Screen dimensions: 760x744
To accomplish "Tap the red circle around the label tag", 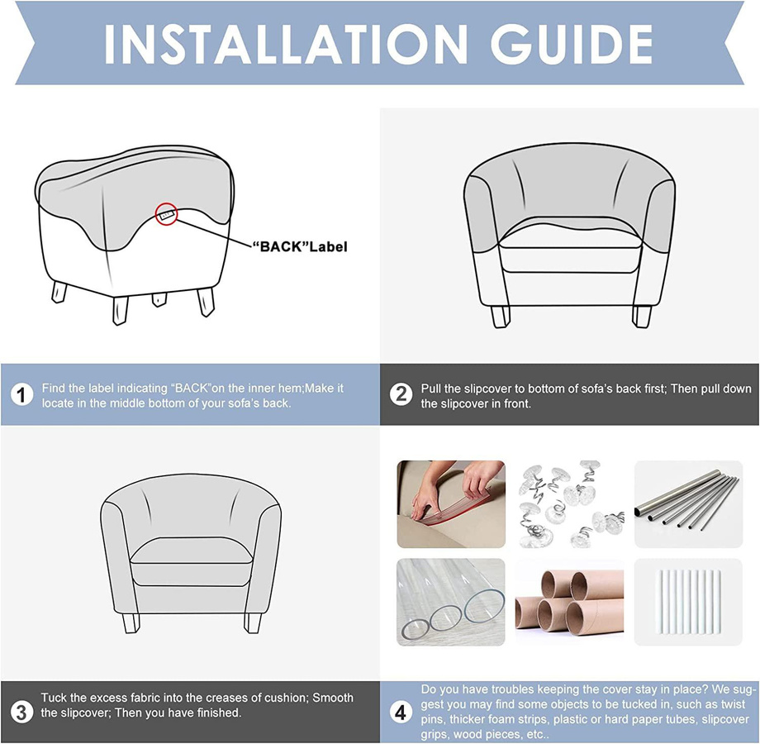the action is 167,213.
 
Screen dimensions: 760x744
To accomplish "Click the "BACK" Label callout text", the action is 299,247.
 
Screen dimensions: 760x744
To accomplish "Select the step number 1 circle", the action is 21,395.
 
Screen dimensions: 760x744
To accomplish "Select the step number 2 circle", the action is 401,395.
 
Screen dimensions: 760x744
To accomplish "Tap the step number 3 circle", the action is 21,713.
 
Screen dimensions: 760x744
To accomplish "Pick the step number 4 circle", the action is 401,713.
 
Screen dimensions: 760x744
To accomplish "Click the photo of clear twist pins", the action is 569,504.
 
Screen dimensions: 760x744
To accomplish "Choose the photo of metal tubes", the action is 688,504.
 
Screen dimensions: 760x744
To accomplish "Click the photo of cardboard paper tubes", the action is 569,602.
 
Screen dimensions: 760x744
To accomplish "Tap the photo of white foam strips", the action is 688,602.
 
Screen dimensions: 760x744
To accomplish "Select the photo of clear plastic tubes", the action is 451,602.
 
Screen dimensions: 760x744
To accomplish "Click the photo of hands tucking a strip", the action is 451,504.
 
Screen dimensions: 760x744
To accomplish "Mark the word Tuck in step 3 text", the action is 53,698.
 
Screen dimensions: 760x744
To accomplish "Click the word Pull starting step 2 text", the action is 431,389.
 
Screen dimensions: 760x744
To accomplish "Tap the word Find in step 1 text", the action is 52,389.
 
